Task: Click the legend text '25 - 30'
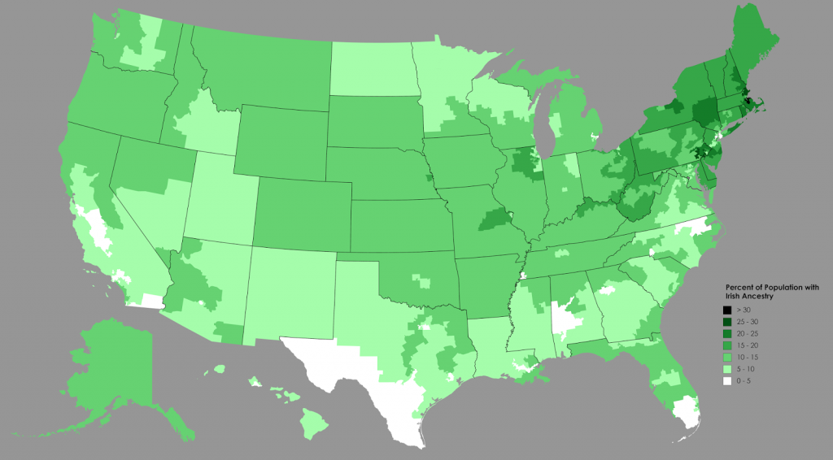pos(747,323)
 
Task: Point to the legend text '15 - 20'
pos(747,346)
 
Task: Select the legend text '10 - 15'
pos(747,358)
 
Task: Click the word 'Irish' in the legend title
pos(734,297)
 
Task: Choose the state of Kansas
pos(399,223)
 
